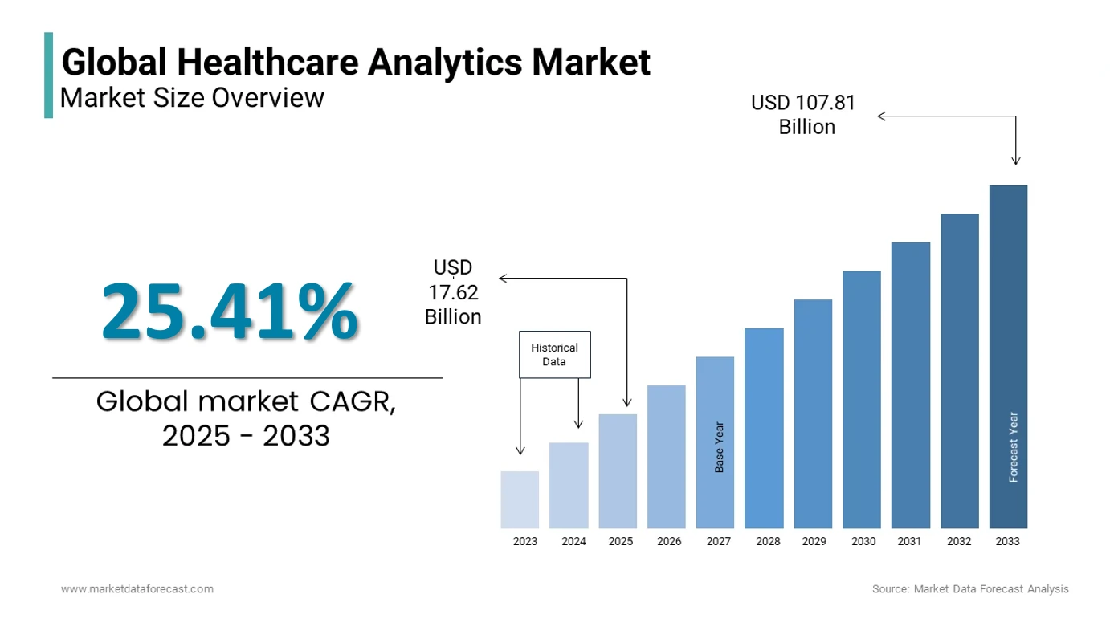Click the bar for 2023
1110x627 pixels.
tap(520, 499)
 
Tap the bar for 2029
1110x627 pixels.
tap(813, 413)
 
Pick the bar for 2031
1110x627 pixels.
tap(910, 385)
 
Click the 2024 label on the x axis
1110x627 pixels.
tap(573, 542)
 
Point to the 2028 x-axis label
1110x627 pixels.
tap(768, 542)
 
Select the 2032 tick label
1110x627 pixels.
tap(959, 542)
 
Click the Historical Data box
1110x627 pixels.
tap(555, 355)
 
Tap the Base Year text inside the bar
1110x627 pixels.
tap(720, 446)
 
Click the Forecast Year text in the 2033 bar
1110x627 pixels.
tap(1014, 447)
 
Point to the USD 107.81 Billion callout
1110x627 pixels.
tap(803, 115)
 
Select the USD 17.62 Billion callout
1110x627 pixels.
tap(453, 292)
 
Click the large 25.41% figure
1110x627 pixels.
tap(230, 311)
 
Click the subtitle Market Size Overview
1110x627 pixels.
tap(193, 98)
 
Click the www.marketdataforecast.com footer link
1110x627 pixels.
tap(137, 589)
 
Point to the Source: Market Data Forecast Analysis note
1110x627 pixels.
tap(970, 589)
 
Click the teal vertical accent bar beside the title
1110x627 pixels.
tap(49, 75)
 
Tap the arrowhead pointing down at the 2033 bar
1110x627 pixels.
tap(1016, 161)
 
